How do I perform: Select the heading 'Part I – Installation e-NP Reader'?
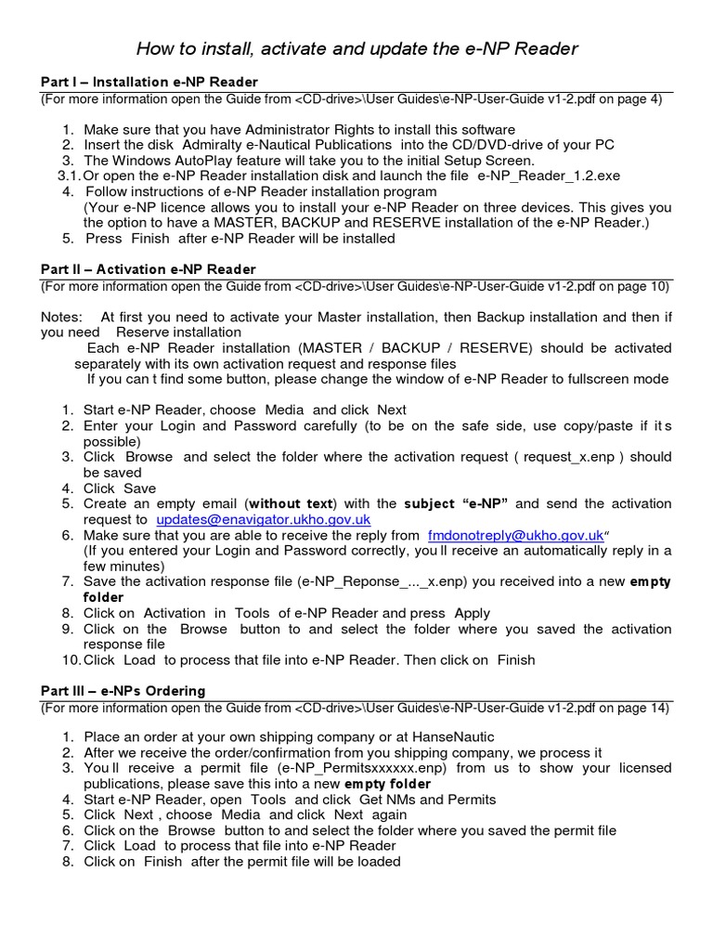149,83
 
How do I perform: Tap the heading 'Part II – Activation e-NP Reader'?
149,269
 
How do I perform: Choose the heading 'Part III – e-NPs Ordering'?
123,691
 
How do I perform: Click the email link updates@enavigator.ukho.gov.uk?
264,519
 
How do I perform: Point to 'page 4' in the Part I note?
638,99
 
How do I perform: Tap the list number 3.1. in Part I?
69,176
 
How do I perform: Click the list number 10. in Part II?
71,660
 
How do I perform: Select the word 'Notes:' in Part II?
61,317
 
